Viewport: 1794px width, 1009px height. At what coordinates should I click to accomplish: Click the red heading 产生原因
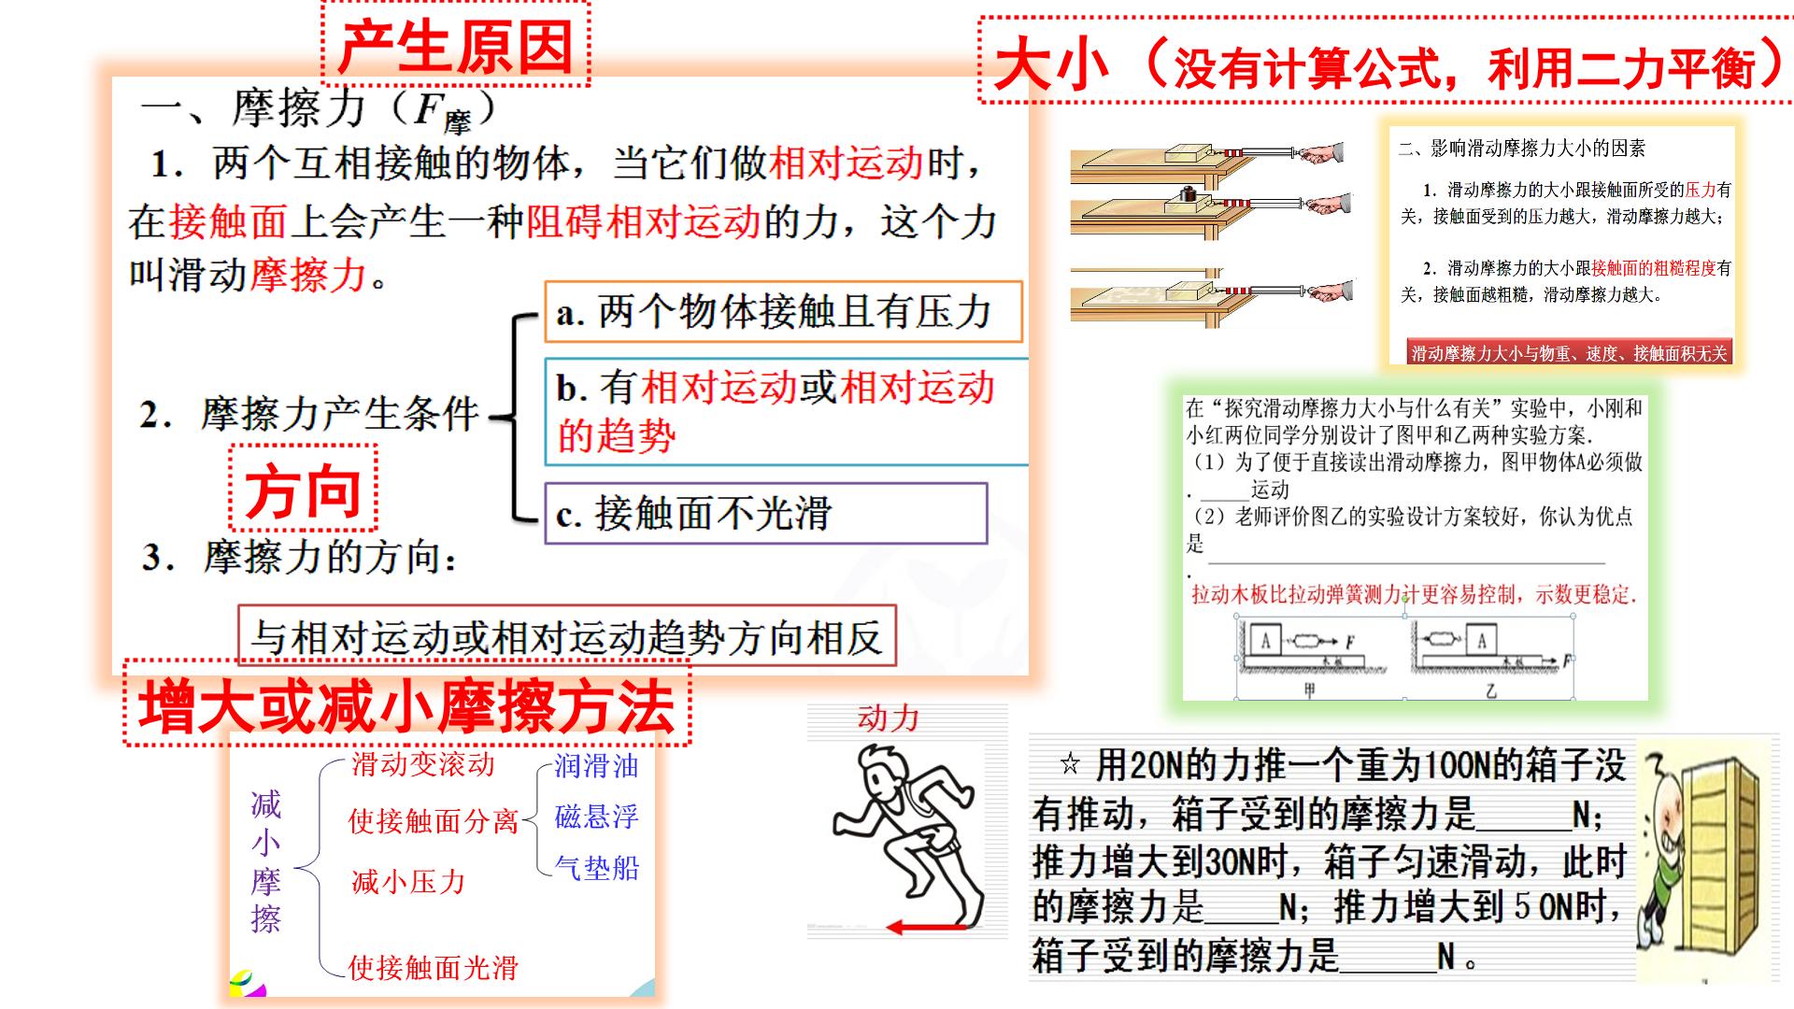(x=455, y=46)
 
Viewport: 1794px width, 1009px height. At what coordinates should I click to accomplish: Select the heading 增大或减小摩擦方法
(x=406, y=706)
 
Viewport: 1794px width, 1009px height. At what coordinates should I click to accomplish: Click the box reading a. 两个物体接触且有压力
(x=783, y=312)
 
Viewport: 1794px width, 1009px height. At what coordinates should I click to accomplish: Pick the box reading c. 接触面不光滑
(x=766, y=513)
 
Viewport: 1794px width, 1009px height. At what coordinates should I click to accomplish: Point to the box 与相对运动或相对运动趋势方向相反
(x=567, y=636)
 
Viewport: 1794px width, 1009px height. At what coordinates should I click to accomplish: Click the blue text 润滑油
(x=597, y=765)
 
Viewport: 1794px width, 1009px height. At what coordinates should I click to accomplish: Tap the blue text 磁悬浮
(x=597, y=817)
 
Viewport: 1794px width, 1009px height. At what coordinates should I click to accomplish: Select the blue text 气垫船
(x=597, y=868)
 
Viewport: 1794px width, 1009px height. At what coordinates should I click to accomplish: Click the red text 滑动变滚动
(x=423, y=764)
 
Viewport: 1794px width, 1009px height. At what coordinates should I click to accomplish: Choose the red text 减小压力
(x=408, y=881)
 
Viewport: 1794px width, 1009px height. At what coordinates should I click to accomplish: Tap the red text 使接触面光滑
(x=434, y=967)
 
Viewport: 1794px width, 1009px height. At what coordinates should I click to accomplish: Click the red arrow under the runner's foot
(x=927, y=928)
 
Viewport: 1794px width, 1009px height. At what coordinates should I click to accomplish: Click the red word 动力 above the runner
(x=889, y=718)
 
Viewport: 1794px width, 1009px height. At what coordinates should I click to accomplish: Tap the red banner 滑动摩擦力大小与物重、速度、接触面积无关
(x=1570, y=352)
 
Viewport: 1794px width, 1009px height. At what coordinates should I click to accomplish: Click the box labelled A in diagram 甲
(x=1266, y=640)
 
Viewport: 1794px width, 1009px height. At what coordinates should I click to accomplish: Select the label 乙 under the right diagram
(x=1491, y=690)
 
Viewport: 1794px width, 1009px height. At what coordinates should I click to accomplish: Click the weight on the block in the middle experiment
(x=1188, y=193)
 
